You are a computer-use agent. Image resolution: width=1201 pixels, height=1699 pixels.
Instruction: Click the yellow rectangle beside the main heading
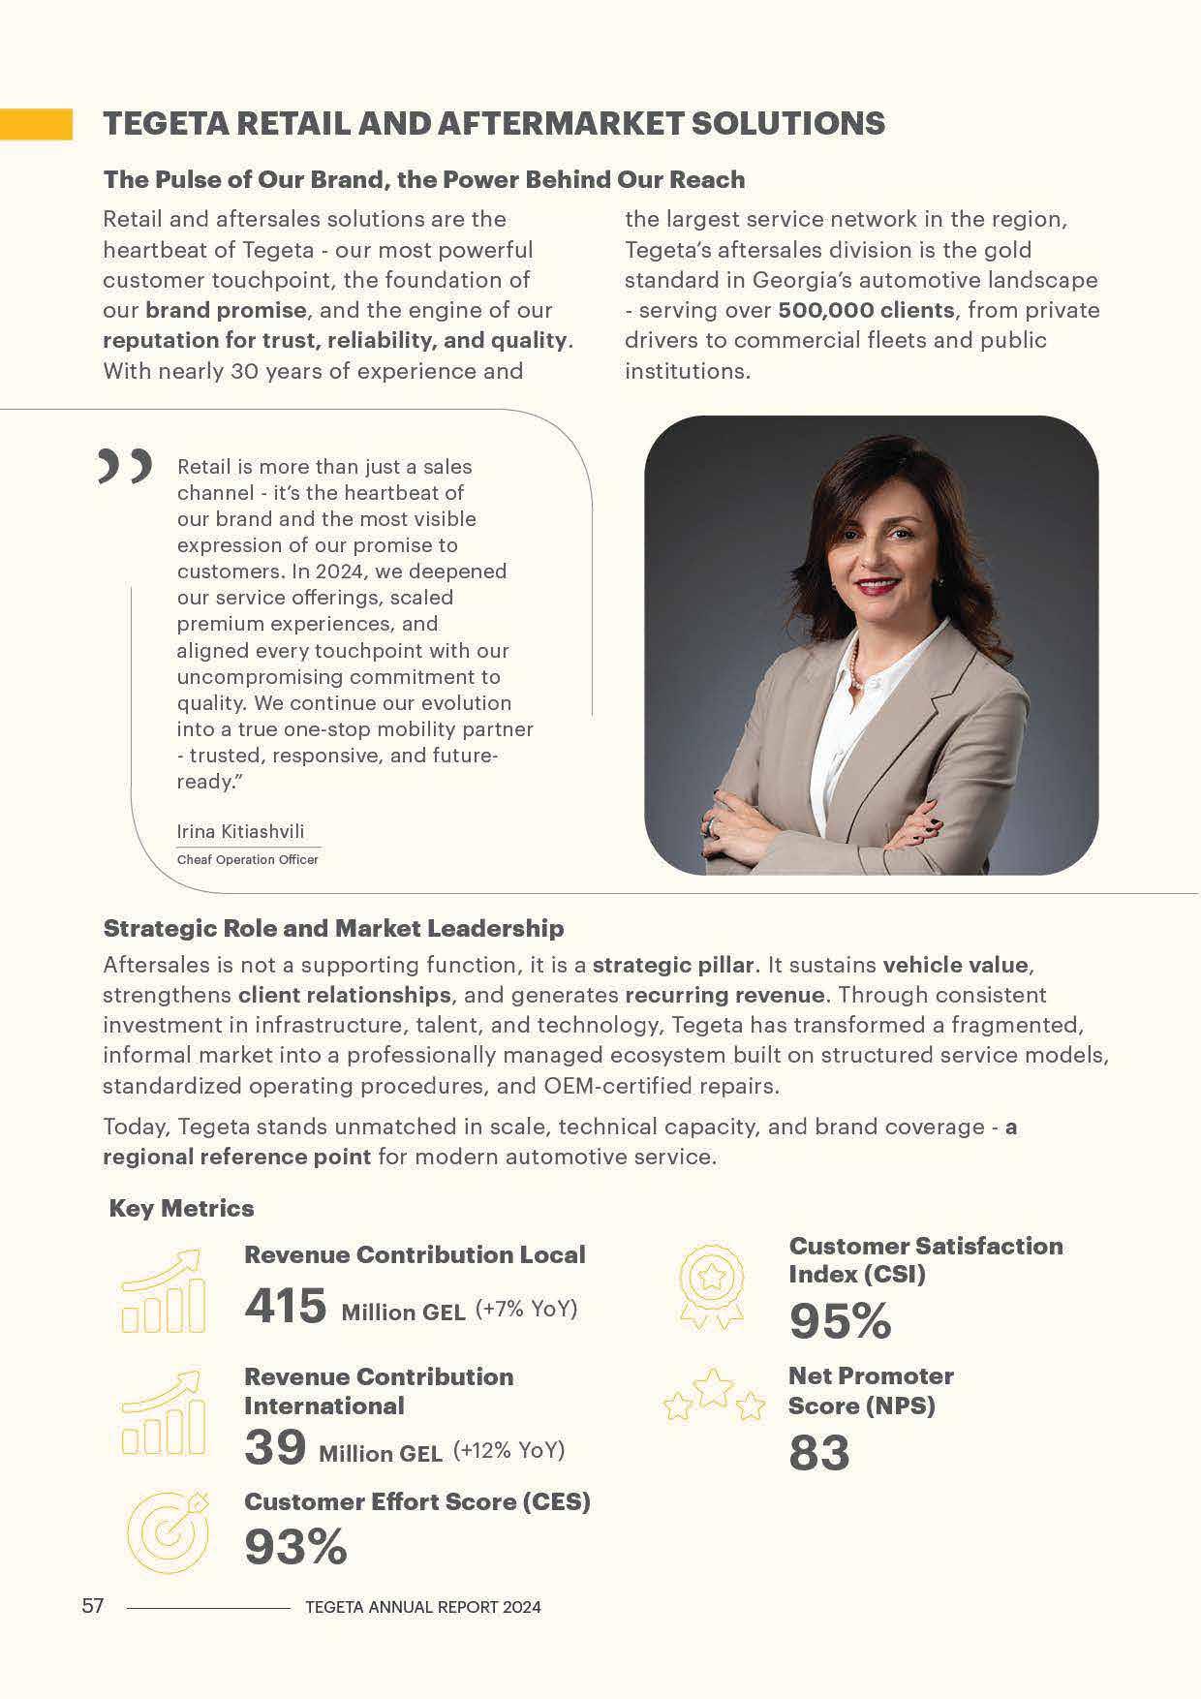[x=36, y=124]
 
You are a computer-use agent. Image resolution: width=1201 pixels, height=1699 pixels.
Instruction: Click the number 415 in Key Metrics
[x=285, y=1306]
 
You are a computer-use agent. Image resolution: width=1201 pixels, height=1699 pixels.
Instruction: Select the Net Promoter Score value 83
[x=818, y=1453]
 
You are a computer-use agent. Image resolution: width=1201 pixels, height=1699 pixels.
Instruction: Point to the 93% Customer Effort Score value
[x=294, y=1547]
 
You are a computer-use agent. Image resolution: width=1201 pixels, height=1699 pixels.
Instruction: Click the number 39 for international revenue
[x=275, y=1448]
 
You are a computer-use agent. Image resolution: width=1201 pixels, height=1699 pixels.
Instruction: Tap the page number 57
[x=92, y=1606]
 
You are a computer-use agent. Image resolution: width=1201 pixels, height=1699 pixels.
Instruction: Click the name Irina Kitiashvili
[x=240, y=831]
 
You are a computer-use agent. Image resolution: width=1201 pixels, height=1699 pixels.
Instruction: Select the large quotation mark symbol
[x=125, y=466]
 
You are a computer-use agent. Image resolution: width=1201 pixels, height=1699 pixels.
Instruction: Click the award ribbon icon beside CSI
[x=712, y=1284]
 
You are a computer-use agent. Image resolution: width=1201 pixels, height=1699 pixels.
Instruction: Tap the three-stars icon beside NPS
[x=713, y=1394]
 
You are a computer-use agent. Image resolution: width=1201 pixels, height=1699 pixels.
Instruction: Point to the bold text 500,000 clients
[x=866, y=310]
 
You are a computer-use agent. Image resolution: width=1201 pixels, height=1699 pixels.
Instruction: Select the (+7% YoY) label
[x=526, y=1310]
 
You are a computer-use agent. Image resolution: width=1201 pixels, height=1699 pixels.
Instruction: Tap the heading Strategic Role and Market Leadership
[x=333, y=928]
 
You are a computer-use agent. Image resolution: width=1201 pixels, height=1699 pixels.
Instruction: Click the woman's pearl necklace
[x=853, y=664]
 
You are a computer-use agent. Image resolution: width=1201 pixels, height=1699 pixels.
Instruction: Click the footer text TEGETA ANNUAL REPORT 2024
[x=422, y=1607]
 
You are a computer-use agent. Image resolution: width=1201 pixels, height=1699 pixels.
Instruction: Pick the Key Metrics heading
[x=181, y=1208]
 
